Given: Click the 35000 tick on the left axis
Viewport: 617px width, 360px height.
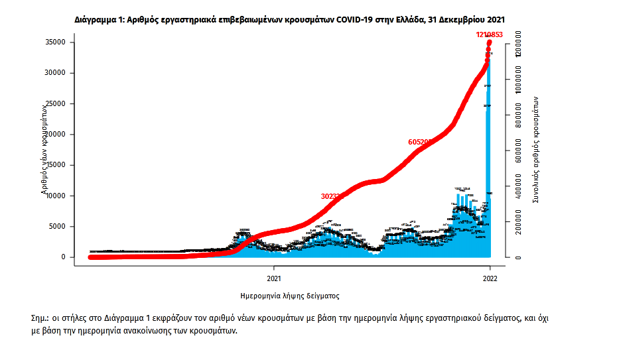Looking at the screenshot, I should coord(53,42).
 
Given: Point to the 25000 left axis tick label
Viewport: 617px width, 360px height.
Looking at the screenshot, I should coord(53,104).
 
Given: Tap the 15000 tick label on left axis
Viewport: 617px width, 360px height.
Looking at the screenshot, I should coord(53,165).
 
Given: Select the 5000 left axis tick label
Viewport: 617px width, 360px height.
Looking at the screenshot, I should coord(55,226).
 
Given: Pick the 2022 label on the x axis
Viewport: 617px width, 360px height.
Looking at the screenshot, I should coord(490,279).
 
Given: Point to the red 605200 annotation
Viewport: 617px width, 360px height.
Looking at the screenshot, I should coord(421,142).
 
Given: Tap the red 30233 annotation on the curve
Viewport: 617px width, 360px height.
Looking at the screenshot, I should coord(332,196).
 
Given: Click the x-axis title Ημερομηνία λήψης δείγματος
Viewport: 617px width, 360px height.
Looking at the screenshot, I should coord(290,296).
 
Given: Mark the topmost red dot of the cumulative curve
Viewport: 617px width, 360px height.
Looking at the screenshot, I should coord(490,43).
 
